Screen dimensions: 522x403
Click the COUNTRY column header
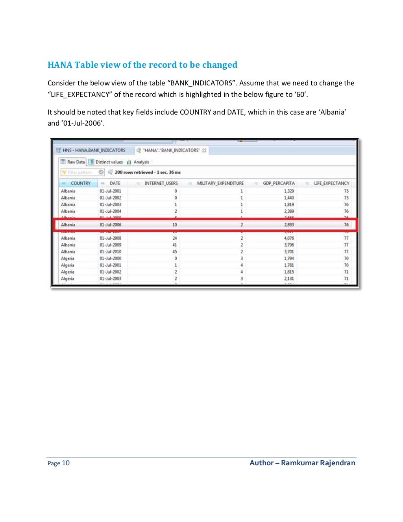click(x=80, y=183)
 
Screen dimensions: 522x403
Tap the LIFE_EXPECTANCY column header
click(x=331, y=183)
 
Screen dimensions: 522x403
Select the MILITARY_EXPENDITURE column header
click(x=220, y=183)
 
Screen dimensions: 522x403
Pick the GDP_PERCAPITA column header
click(x=278, y=183)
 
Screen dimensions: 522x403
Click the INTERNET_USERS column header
click(x=161, y=183)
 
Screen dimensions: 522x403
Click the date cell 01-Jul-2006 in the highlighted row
click(x=110, y=225)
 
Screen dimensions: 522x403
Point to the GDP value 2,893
click(x=289, y=225)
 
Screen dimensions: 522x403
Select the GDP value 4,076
click(x=289, y=238)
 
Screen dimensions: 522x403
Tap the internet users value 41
click(x=175, y=245)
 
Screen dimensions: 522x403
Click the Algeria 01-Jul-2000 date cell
click(x=110, y=258)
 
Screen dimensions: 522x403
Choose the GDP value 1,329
click(x=289, y=191)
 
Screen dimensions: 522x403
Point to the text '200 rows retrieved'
click(x=134, y=172)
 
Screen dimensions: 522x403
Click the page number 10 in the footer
click(x=66, y=463)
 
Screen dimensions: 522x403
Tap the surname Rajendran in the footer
click(x=337, y=463)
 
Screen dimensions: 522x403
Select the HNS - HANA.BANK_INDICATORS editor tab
click(x=93, y=150)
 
